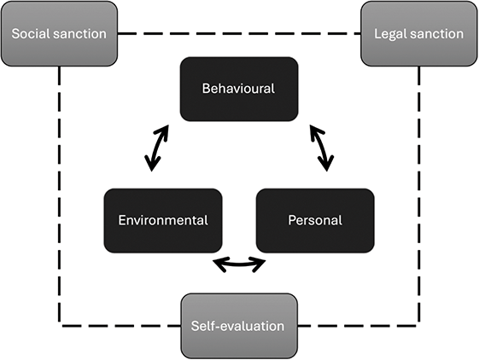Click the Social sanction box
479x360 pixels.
point(60,34)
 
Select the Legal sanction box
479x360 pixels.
point(418,34)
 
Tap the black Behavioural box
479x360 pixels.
point(238,89)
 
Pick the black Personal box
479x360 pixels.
point(315,220)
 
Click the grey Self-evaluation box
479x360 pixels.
point(238,325)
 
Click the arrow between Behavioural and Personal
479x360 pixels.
point(321,147)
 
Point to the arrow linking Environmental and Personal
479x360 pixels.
point(238,264)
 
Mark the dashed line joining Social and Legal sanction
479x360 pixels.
point(239,34)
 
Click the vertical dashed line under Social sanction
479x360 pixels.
point(60,196)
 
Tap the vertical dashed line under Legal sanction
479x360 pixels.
point(418,196)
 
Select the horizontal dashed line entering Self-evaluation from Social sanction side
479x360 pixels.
point(120,325)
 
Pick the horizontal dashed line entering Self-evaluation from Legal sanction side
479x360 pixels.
point(359,325)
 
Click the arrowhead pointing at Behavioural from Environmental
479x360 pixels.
point(165,129)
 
